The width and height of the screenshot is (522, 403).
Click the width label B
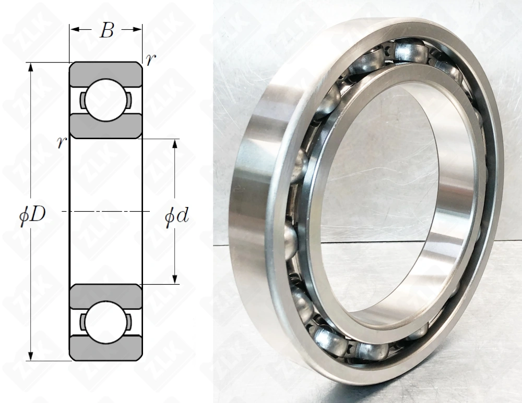(107, 31)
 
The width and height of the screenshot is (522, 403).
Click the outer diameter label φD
(32, 216)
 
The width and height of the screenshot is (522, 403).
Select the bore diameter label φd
(177, 216)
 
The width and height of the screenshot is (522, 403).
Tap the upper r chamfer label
(150, 59)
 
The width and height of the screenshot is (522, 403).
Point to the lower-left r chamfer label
(62, 143)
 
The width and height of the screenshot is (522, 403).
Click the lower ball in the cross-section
(106, 322)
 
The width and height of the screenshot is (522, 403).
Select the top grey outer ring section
(106, 74)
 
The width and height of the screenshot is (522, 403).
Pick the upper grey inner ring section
(106, 126)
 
